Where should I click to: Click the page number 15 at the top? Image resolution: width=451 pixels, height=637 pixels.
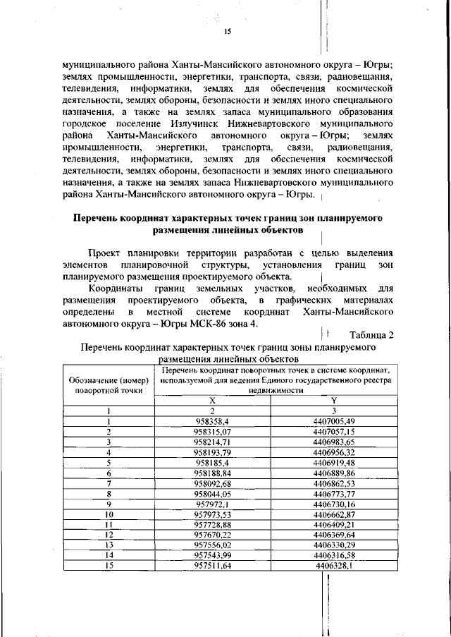click(228, 32)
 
